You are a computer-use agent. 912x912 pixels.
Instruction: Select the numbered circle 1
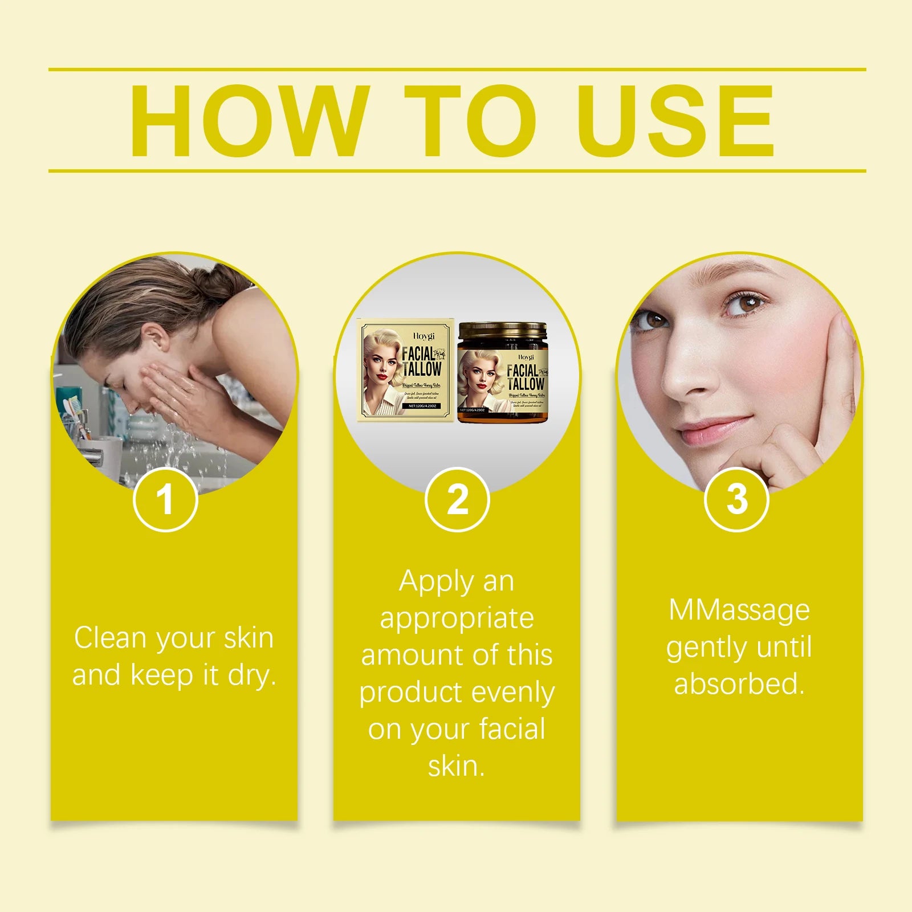165,499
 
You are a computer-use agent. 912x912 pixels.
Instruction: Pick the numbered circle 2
457,499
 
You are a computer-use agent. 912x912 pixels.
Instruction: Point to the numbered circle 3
736,499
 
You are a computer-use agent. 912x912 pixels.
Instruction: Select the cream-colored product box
406,369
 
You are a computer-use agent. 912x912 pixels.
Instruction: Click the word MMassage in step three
739,610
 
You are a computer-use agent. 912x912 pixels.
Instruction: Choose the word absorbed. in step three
739,683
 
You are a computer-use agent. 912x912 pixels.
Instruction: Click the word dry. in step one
252,675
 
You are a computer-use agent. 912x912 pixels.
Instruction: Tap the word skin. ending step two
457,766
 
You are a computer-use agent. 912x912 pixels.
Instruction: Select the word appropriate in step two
457,619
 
